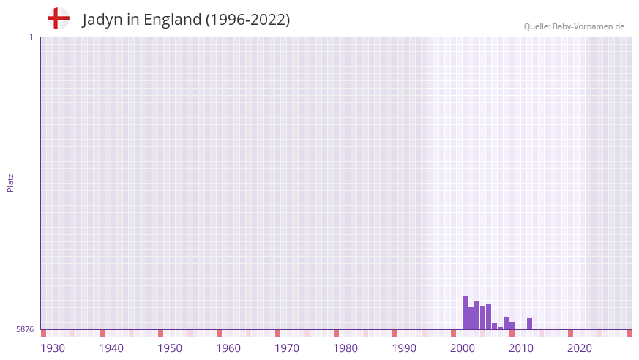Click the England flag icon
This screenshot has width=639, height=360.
coord(58,18)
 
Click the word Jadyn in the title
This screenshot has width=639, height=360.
coord(102,20)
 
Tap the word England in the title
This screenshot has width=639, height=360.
coord(172,20)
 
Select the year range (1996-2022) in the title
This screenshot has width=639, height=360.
coord(247,20)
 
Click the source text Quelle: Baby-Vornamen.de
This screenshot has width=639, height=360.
coord(574,26)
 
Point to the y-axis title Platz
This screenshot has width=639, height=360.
coord(10,183)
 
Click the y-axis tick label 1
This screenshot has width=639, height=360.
coord(31,37)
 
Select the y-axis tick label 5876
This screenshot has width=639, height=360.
coord(25,329)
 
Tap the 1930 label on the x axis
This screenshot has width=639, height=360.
coord(53,348)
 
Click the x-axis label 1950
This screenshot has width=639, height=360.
coord(170,348)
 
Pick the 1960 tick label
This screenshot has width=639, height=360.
coord(228,348)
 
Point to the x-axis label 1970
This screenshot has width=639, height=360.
coord(287,348)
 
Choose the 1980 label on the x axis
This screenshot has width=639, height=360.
coord(345,348)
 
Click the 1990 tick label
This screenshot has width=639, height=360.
coord(404,348)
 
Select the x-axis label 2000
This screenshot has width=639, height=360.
coord(463,348)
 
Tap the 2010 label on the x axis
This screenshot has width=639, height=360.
coord(521,348)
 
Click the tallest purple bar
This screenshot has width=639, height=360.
coord(465,312)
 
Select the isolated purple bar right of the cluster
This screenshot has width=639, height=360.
coord(529,323)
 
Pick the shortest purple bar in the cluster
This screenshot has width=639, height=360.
coord(500,328)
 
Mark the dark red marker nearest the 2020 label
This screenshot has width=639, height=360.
coord(570,333)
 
